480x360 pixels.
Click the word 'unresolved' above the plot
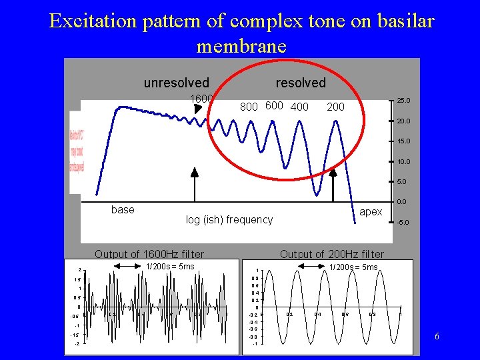(176, 83)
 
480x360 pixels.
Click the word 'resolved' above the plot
(301, 83)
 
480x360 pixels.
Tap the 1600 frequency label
(202, 99)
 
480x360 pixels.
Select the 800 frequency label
(249, 107)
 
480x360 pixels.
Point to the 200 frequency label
(336, 107)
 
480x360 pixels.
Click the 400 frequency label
(299, 107)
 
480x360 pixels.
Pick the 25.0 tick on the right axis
(404, 101)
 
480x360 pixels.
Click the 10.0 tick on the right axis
(404, 162)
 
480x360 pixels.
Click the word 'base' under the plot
(123, 209)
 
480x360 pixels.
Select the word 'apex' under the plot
(371, 211)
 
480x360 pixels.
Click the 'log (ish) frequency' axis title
(229, 219)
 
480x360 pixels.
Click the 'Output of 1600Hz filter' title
(149, 254)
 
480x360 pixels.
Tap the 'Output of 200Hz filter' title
(332, 254)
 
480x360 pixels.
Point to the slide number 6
(437, 336)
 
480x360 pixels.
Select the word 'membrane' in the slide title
(241, 46)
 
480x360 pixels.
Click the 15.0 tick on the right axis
(404, 141)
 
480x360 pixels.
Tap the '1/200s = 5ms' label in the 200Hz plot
(354, 267)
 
